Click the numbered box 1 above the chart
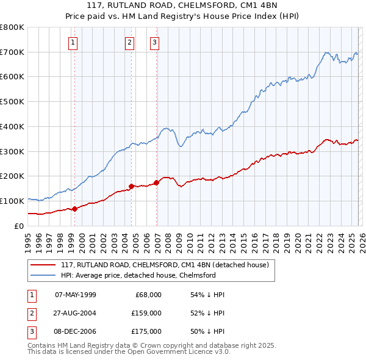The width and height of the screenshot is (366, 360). [x=73, y=43]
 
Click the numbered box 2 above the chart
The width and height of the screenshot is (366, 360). [x=130, y=43]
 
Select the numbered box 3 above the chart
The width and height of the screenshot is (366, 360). [x=154, y=43]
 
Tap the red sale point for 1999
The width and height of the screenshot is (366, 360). [x=74, y=209]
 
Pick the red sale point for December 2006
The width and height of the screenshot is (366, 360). [x=157, y=182]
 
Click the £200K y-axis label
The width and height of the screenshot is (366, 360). [x=12, y=176]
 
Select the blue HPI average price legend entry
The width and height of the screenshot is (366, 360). [x=138, y=275]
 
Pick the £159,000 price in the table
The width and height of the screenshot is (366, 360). [x=146, y=313]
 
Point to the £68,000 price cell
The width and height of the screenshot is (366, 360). [x=148, y=294]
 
